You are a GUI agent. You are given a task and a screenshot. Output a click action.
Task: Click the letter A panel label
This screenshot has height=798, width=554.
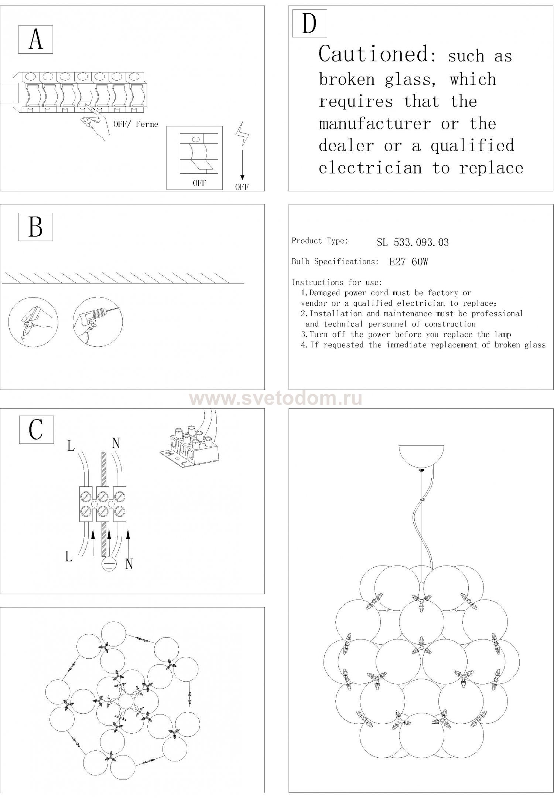pos(35,40)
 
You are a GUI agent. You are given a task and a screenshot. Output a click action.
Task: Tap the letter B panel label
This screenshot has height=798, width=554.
pos(35,227)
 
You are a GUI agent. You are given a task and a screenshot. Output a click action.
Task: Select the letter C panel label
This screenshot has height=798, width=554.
pos(36,429)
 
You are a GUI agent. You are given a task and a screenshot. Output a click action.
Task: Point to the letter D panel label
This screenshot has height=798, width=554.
pos(310,23)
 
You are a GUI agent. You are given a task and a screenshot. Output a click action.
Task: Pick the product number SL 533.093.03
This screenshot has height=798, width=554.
pos(413,242)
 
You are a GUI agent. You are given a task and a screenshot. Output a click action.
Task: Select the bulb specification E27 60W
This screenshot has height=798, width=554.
pos(408,262)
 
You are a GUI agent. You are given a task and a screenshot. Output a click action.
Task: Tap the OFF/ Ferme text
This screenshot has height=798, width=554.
pos(136,124)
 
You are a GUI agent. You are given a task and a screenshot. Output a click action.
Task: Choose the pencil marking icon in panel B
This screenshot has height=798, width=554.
pos(33,321)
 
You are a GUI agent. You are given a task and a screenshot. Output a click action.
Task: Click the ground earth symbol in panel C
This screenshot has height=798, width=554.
pos(109,564)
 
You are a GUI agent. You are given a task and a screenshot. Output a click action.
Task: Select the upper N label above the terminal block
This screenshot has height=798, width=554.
pos(116,443)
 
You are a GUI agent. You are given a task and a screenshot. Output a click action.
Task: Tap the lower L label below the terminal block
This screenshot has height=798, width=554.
pos(69,556)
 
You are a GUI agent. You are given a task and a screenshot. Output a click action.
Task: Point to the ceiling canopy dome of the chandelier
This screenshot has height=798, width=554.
pos(421,457)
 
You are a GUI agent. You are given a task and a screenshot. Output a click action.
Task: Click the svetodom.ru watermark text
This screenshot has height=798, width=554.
pos(276,399)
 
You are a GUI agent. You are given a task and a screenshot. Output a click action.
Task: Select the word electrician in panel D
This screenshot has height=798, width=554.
pos(370,169)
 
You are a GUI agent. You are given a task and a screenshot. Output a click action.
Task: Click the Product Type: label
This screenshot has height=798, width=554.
pos(319,241)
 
